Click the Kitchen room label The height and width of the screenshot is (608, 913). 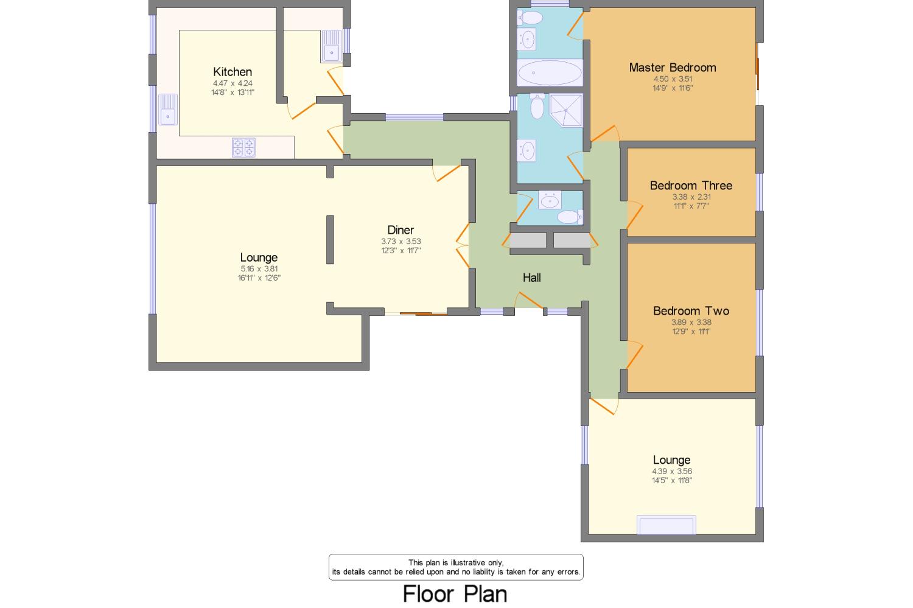pos(232,72)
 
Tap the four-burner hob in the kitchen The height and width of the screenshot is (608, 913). pos(244,148)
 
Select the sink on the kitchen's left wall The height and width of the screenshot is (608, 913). pos(167,110)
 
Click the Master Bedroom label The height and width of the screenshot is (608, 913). pos(672,68)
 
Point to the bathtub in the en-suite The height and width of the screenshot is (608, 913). pos(549,74)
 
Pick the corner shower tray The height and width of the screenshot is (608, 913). pos(567,110)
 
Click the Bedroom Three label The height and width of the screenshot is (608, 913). pos(691,186)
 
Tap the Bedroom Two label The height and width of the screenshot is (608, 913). pos(691,311)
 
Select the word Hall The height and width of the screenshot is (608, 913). pos(531,278)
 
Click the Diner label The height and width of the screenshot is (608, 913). pos(401,230)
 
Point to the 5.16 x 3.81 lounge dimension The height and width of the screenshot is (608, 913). pos(259,268)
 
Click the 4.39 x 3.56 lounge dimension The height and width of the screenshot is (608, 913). pos(672,471)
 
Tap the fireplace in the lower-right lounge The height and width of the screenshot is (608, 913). pos(666,525)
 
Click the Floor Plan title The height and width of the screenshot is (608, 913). pos(455,593)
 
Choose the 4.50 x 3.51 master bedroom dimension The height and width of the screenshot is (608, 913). pos(673,79)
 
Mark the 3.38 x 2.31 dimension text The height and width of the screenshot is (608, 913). pos(691,197)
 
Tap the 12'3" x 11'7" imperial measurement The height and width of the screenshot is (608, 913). pos(401,250)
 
